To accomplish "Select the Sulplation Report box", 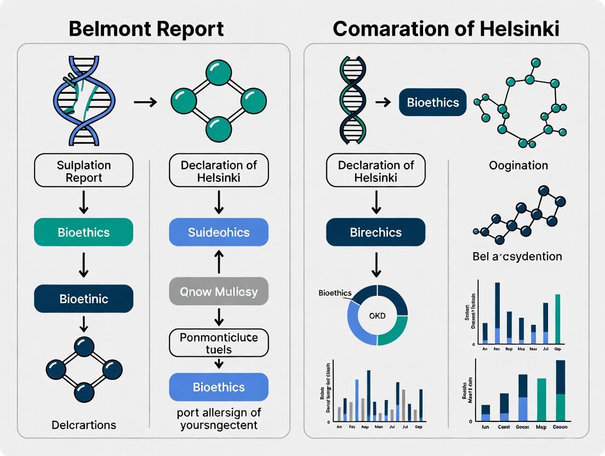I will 83,171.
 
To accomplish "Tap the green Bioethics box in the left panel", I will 83,232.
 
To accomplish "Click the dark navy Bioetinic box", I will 83,299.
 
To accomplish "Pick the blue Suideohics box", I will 219,232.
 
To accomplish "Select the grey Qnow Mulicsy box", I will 219,291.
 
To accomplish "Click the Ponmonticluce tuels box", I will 219,343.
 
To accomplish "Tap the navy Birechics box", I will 375,232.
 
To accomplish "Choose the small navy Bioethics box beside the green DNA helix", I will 433,102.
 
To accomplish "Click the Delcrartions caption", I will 83,425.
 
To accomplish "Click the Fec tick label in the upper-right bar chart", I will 496,349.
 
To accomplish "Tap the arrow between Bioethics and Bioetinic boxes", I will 83,265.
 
